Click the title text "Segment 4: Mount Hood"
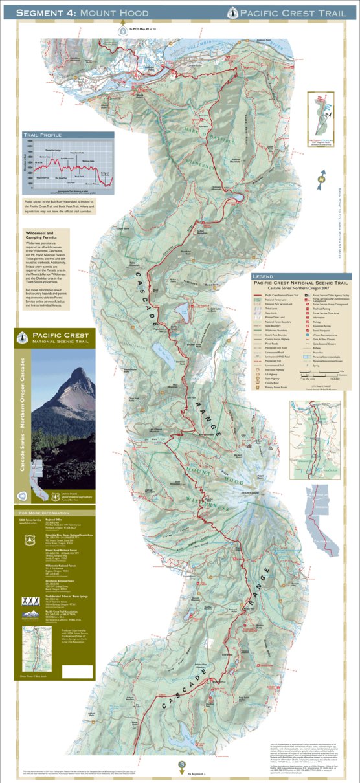[82, 13]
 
